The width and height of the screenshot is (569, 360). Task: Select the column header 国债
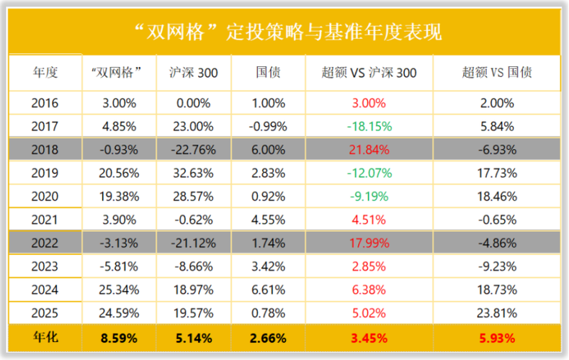coord(271,73)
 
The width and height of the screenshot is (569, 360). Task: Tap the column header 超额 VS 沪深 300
coord(369,73)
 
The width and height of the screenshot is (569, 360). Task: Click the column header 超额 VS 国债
coord(497,73)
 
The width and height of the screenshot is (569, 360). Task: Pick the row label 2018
coord(45,150)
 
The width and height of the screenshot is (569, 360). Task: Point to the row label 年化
coord(45,337)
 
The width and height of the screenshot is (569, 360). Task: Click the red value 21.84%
coord(369,150)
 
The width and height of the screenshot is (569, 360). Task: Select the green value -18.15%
coord(369,127)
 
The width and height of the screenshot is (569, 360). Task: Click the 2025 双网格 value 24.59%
coord(119,314)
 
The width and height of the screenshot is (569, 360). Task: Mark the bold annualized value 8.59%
coord(119,337)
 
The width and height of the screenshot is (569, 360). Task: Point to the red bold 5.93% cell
coord(497,337)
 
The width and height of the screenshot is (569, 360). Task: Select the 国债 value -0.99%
coord(271,127)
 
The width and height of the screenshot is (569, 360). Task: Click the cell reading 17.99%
coord(369,243)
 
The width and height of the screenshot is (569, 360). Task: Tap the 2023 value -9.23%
coord(497,266)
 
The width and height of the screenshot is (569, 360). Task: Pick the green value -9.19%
coord(369,197)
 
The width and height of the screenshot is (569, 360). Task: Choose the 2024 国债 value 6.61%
coord(271,290)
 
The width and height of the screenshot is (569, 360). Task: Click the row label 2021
coord(45,220)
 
